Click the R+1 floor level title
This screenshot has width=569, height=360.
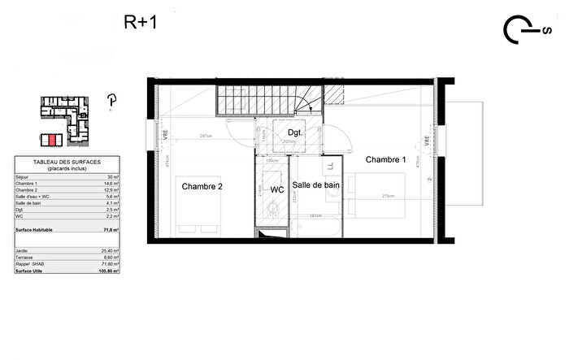[140, 22]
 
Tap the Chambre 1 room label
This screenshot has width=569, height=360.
[385, 159]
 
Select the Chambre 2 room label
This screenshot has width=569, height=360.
[202, 186]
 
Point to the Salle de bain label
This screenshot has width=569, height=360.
[316, 185]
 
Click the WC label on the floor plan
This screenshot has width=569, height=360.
[277, 189]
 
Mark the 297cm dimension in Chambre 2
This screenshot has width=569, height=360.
[206, 137]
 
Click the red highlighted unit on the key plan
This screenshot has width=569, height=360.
[52, 139]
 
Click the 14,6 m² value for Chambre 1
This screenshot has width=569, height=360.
[111, 184]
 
